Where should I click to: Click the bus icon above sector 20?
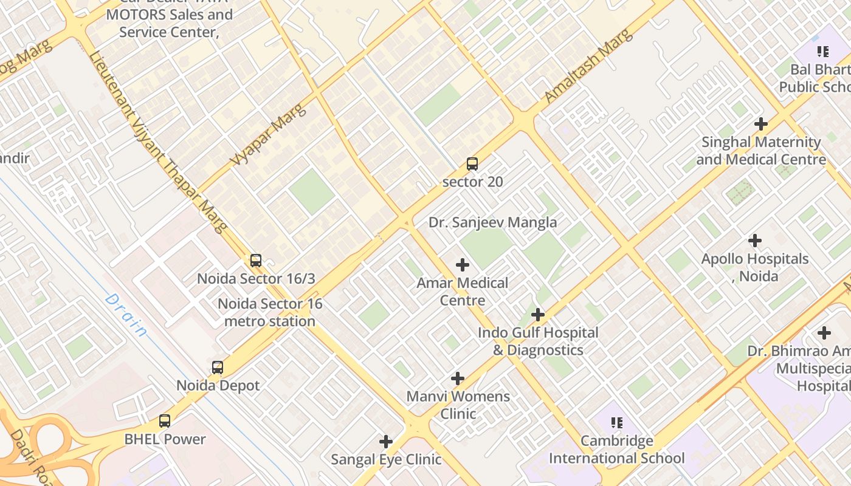click(x=472, y=163)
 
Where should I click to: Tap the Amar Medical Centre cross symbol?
click(x=463, y=265)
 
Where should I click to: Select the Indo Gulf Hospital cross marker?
click(x=537, y=315)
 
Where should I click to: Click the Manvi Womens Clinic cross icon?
click(x=458, y=378)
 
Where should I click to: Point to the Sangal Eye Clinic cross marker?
click(x=386, y=442)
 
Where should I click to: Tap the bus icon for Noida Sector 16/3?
click(x=256, y=261)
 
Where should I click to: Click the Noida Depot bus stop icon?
click(x=218, y=368)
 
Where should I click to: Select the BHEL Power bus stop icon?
click(x=165, y=420)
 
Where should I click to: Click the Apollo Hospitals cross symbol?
click(x=755, y=241)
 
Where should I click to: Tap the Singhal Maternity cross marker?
click(x=760, y=124)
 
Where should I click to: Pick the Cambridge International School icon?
click(x=617, y=423)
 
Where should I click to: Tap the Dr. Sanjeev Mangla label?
click(x=492, y=222)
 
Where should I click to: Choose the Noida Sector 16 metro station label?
click(x=270, y=312)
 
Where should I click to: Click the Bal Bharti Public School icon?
click(x=823, y=52)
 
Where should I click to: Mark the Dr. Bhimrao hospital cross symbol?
click(x=824, y=333)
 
